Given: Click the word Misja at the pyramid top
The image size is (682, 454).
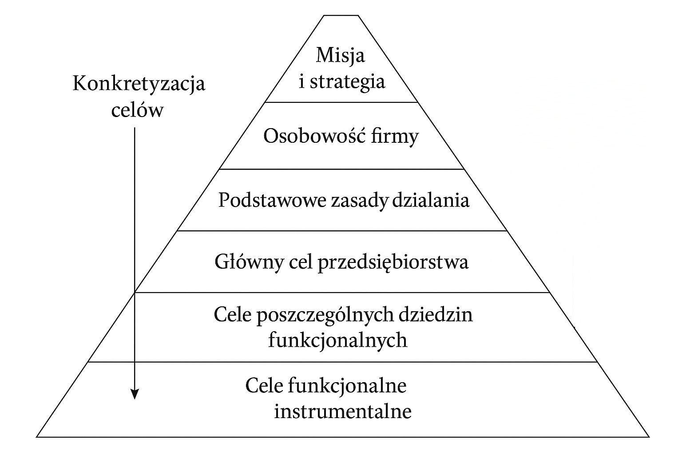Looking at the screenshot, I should tap(341, 55).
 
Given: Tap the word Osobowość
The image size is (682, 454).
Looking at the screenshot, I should tap(310, 136).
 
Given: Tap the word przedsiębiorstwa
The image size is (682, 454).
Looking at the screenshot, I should tap(393, 262).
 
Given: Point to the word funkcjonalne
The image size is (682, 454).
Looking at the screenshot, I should tap(347, 386).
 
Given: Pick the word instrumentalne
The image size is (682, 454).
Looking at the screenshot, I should tap(343, 412).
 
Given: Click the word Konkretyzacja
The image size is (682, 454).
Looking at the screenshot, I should tap(139, 83).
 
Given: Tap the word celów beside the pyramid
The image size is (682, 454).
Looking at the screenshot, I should tap(137, 110).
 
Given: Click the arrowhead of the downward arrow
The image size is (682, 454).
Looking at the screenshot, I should tap(135, 394).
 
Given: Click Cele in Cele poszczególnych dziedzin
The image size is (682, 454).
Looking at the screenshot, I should tap(233, 315).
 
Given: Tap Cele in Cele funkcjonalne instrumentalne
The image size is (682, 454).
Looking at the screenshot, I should tap(264, 386).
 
